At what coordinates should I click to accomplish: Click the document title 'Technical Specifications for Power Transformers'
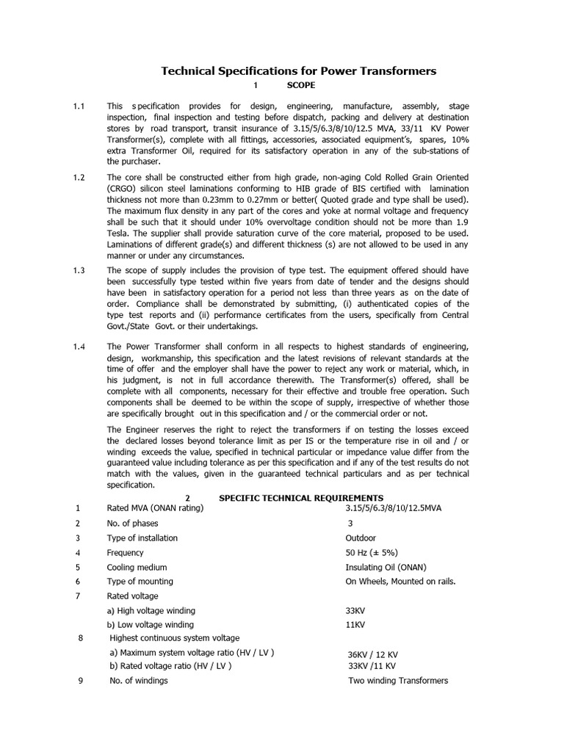(298, 71)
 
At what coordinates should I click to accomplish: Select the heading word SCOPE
(300, 86)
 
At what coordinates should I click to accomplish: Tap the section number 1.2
(79, 178)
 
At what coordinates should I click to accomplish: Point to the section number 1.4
(79, 347)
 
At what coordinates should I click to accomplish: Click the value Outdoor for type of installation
(361, 538)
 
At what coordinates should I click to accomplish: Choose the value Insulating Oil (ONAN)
(387, 567)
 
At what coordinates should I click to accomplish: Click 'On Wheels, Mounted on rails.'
(401, 582)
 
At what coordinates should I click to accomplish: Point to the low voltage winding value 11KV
(355, 625)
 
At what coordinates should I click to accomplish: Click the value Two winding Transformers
(397, 681)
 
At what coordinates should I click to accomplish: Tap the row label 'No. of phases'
(133, 523)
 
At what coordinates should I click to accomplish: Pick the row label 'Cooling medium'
(137, 567)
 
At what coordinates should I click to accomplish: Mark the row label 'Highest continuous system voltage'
(174, 637)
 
